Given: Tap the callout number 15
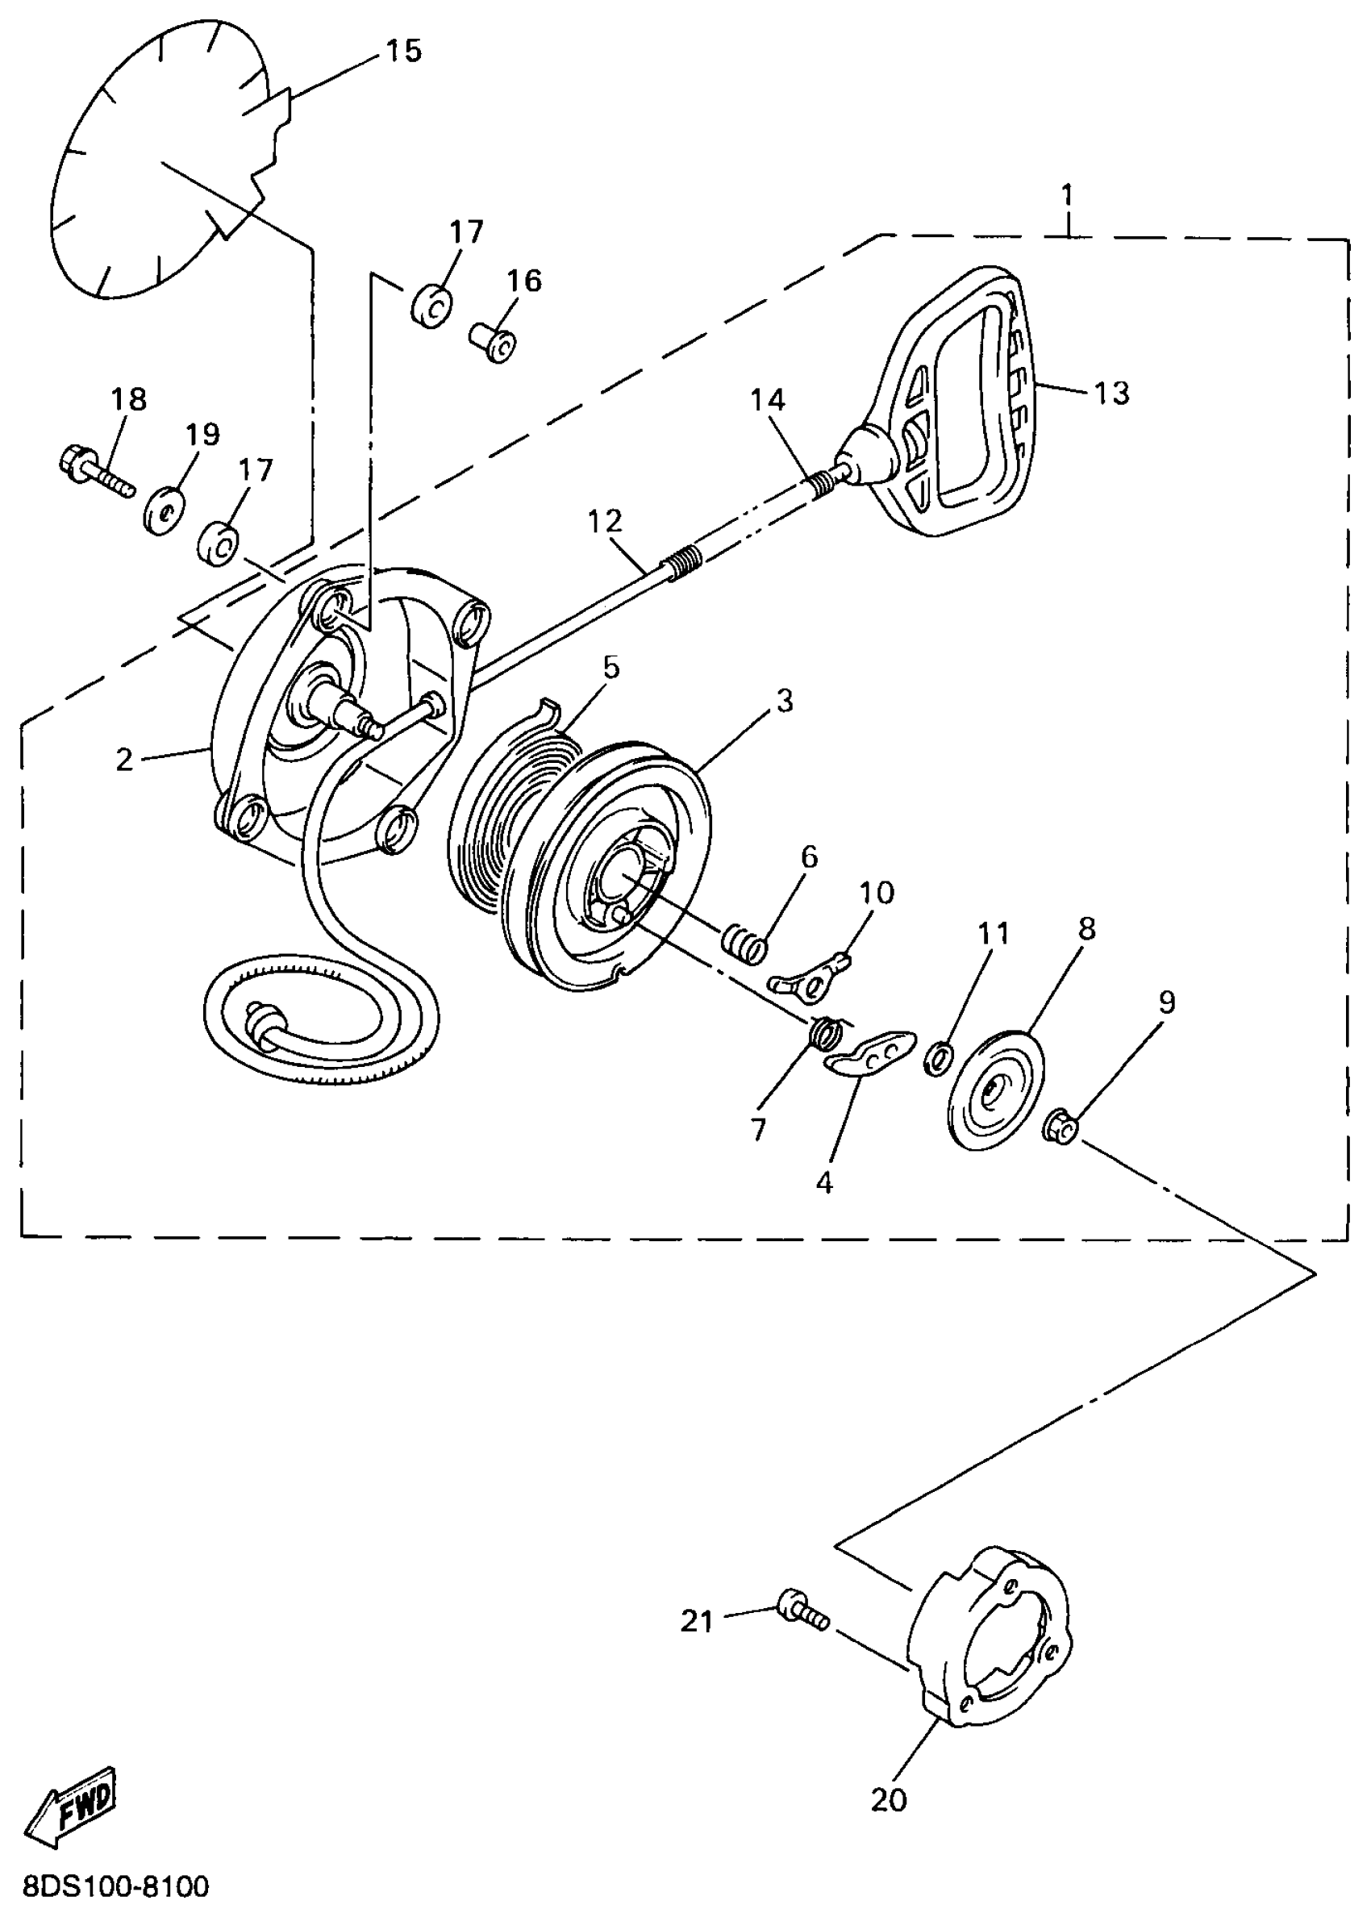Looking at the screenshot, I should pyautogui.click(x=403, y=52).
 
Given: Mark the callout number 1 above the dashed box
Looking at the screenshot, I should pyautogui.click(x=1068, y=196).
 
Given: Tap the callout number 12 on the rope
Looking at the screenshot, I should pyautogui.click(x=606, y=522).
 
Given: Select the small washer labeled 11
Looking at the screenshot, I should pyautogui.click(x=939, y=1059).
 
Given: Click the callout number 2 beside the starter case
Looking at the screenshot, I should pyautogui.click(x=125, y=760).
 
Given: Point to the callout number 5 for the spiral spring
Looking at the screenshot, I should pyautogui.click(x=611, y=668).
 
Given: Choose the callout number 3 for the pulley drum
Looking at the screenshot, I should pyautogui.click(x=784, y=701).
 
